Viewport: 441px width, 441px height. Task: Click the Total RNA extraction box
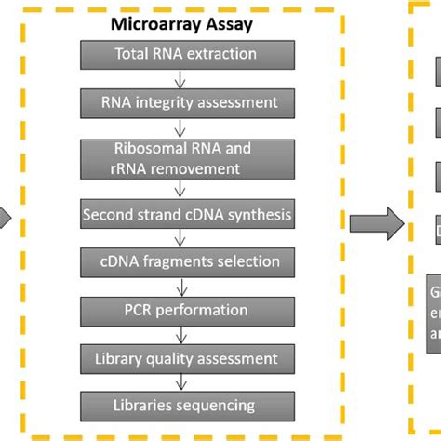tap(186, 55)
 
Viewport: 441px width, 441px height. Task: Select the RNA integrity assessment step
tap(186, 100)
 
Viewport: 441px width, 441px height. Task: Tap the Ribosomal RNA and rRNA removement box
tap(186, 158)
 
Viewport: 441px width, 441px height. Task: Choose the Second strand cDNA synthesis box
tap(186, 216)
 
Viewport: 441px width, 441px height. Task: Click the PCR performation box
tap(186, 310)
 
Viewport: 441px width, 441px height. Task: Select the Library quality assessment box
tap(186, 357)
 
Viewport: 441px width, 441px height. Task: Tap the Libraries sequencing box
tap(186, 405)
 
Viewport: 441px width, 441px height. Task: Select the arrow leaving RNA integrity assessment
tap(186, 125)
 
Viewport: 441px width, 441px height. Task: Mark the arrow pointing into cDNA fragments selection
tap(186, 240)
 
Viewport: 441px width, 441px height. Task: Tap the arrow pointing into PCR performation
tap(186, 287)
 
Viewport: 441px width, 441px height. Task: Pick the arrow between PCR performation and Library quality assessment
tap(186, 334)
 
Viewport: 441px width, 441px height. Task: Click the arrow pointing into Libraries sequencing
tap(186, 381)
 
